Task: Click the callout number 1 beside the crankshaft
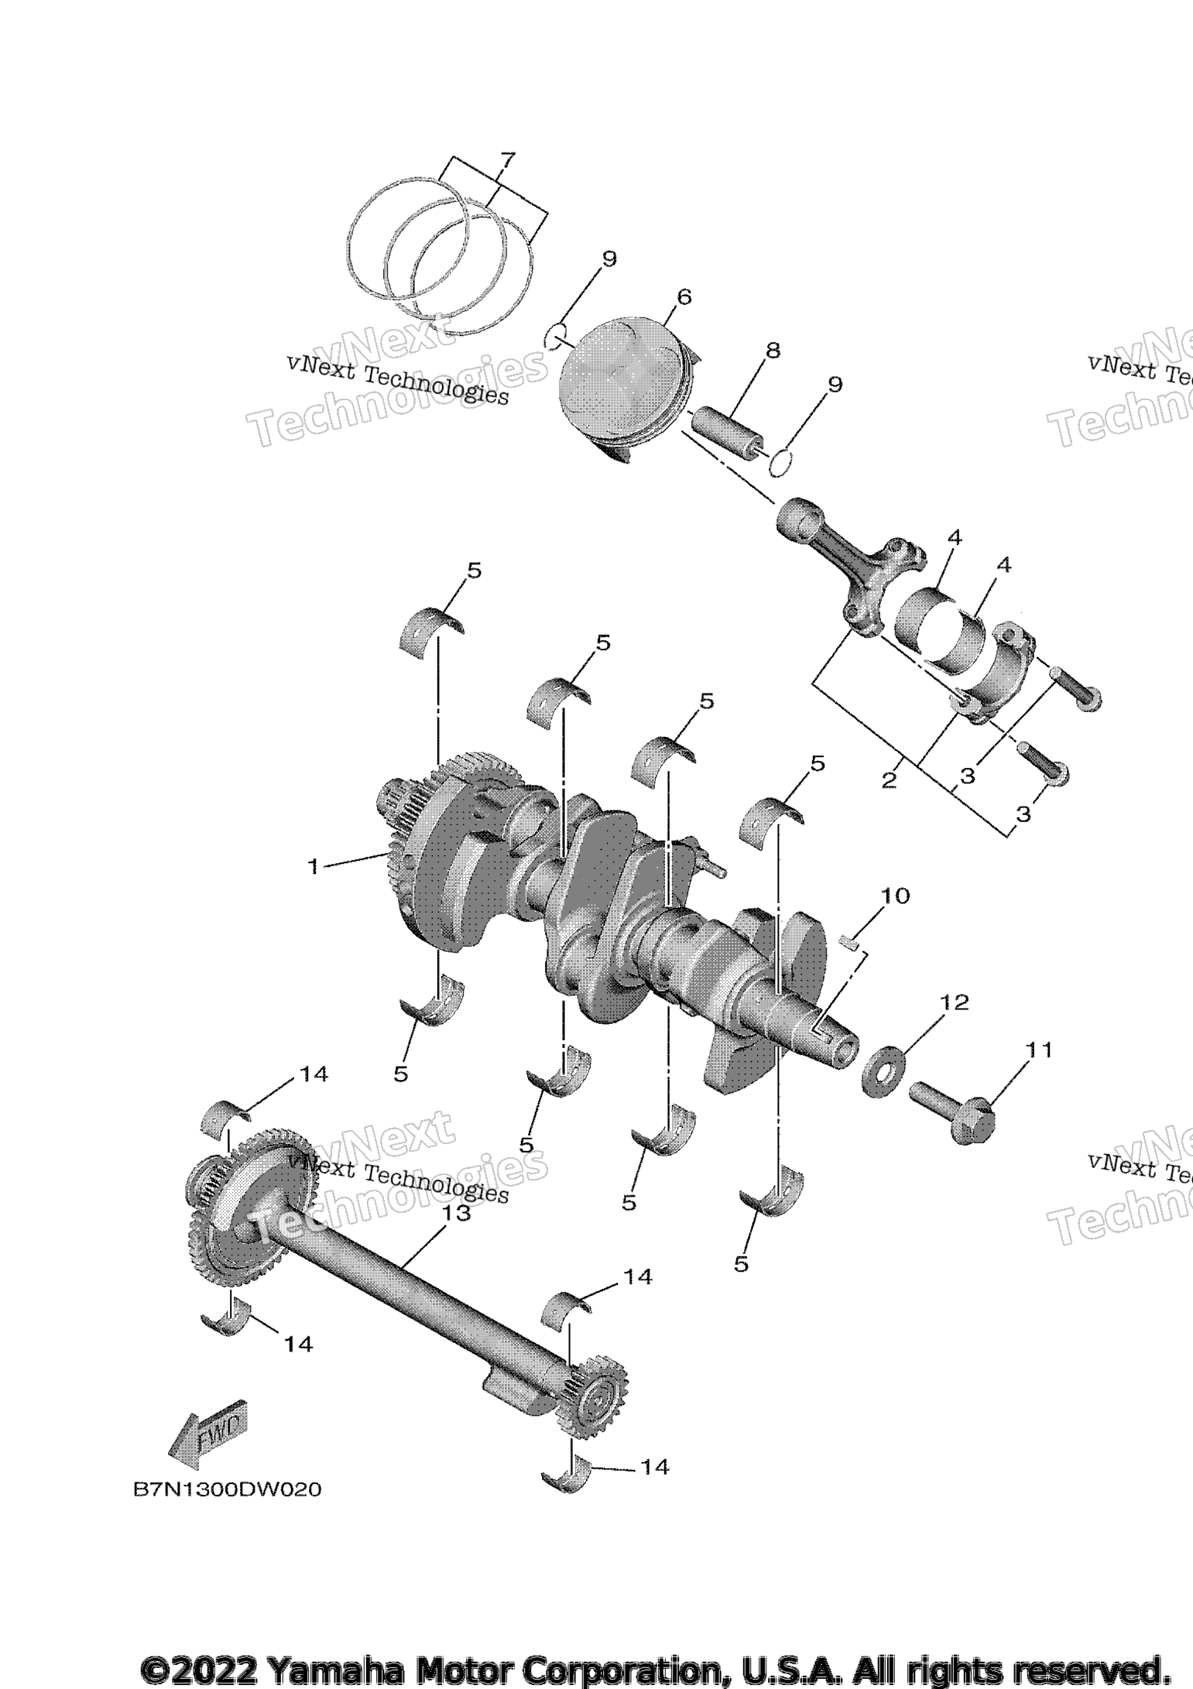(x=314, y=866)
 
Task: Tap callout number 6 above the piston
(x=684, y=296)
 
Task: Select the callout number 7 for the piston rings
(x=506, y=161)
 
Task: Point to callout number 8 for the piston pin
(x=773, y=350)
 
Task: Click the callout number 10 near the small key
(x=895, y=896)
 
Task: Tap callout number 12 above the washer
(x=955, y=1002)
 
